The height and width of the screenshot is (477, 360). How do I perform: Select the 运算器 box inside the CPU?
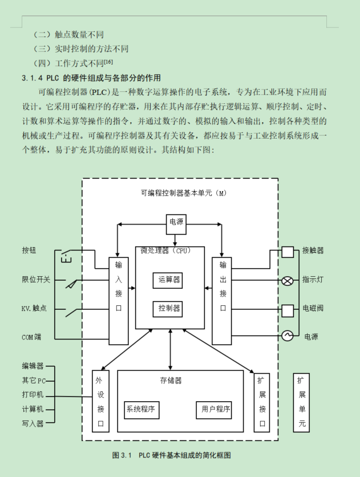coord(169,280)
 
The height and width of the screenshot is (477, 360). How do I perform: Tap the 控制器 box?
coord(169,309)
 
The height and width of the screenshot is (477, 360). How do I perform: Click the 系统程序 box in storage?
coord(141,409)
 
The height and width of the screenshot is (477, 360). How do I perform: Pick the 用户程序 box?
coord(215,409)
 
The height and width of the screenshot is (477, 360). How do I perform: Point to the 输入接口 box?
coord(118,301)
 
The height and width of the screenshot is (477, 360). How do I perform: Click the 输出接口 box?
coord(222,301)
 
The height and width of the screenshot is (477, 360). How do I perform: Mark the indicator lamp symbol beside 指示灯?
coord(288,280)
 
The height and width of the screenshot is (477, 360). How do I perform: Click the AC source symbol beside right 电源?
coord(288,336)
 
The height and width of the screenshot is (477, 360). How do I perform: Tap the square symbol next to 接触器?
coord(288,252)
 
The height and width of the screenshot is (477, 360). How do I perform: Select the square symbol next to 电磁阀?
coord(288,310)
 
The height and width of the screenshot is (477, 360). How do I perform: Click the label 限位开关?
coord(36,280)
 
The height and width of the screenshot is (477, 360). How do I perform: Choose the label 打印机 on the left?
coord(32,395)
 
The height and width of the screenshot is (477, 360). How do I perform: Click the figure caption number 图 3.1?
coord(122,455)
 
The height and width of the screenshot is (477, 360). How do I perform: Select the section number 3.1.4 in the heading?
coord(33,78)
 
